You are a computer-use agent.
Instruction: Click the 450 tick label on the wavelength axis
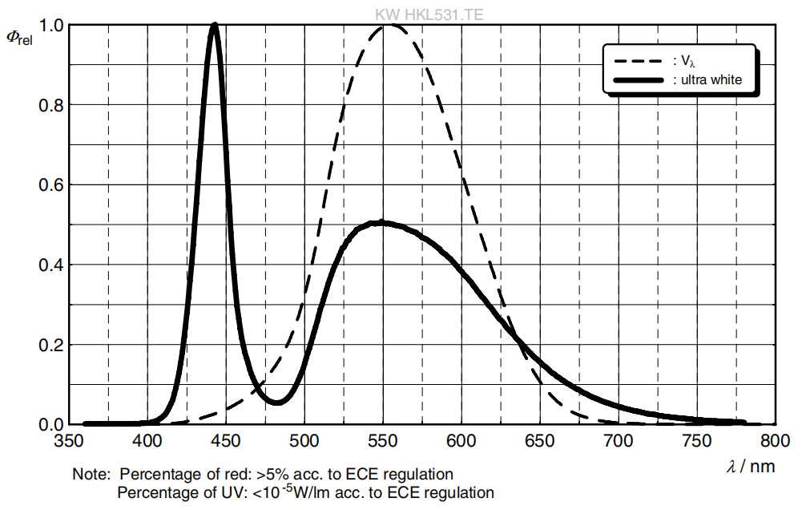pyautogui.click(x=226, y=441)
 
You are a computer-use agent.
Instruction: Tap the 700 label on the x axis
pyautogui.click(x=619, y=441)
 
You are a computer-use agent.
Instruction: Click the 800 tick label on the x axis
pyautogui.click(x=776, y=441)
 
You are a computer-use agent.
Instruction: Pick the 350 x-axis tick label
pyautogui.click(x=69, y=441)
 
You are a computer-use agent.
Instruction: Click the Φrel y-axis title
pyautogui.click(x=19, y=38)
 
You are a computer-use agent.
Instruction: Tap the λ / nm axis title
pyautogui.click(x=751, y=467)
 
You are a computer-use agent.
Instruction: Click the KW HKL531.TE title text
pyautogui.click(x=429, y=14)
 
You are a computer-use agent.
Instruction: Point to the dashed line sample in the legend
pyautogui.click(x=639, y=61)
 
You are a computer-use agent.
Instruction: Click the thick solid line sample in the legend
pyautogui.click(x=639, y=80)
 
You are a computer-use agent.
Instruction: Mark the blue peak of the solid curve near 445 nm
pyautogui.click(x=215, y=25)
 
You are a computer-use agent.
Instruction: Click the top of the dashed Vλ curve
pyautogui.click(x=389, y=25)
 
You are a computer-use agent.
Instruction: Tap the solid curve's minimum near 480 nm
pyautogui.click(x=276, y=402)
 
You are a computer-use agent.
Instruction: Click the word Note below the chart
pyautogui.click(x=90, y=474)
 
